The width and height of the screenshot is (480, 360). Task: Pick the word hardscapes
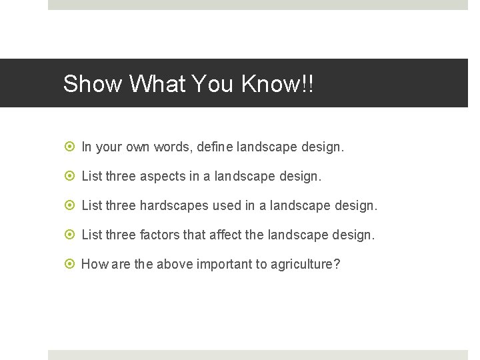tap(175, 206)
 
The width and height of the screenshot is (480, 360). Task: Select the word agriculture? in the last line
tap(305, 265)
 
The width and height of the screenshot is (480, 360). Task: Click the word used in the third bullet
tap(227, 206)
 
